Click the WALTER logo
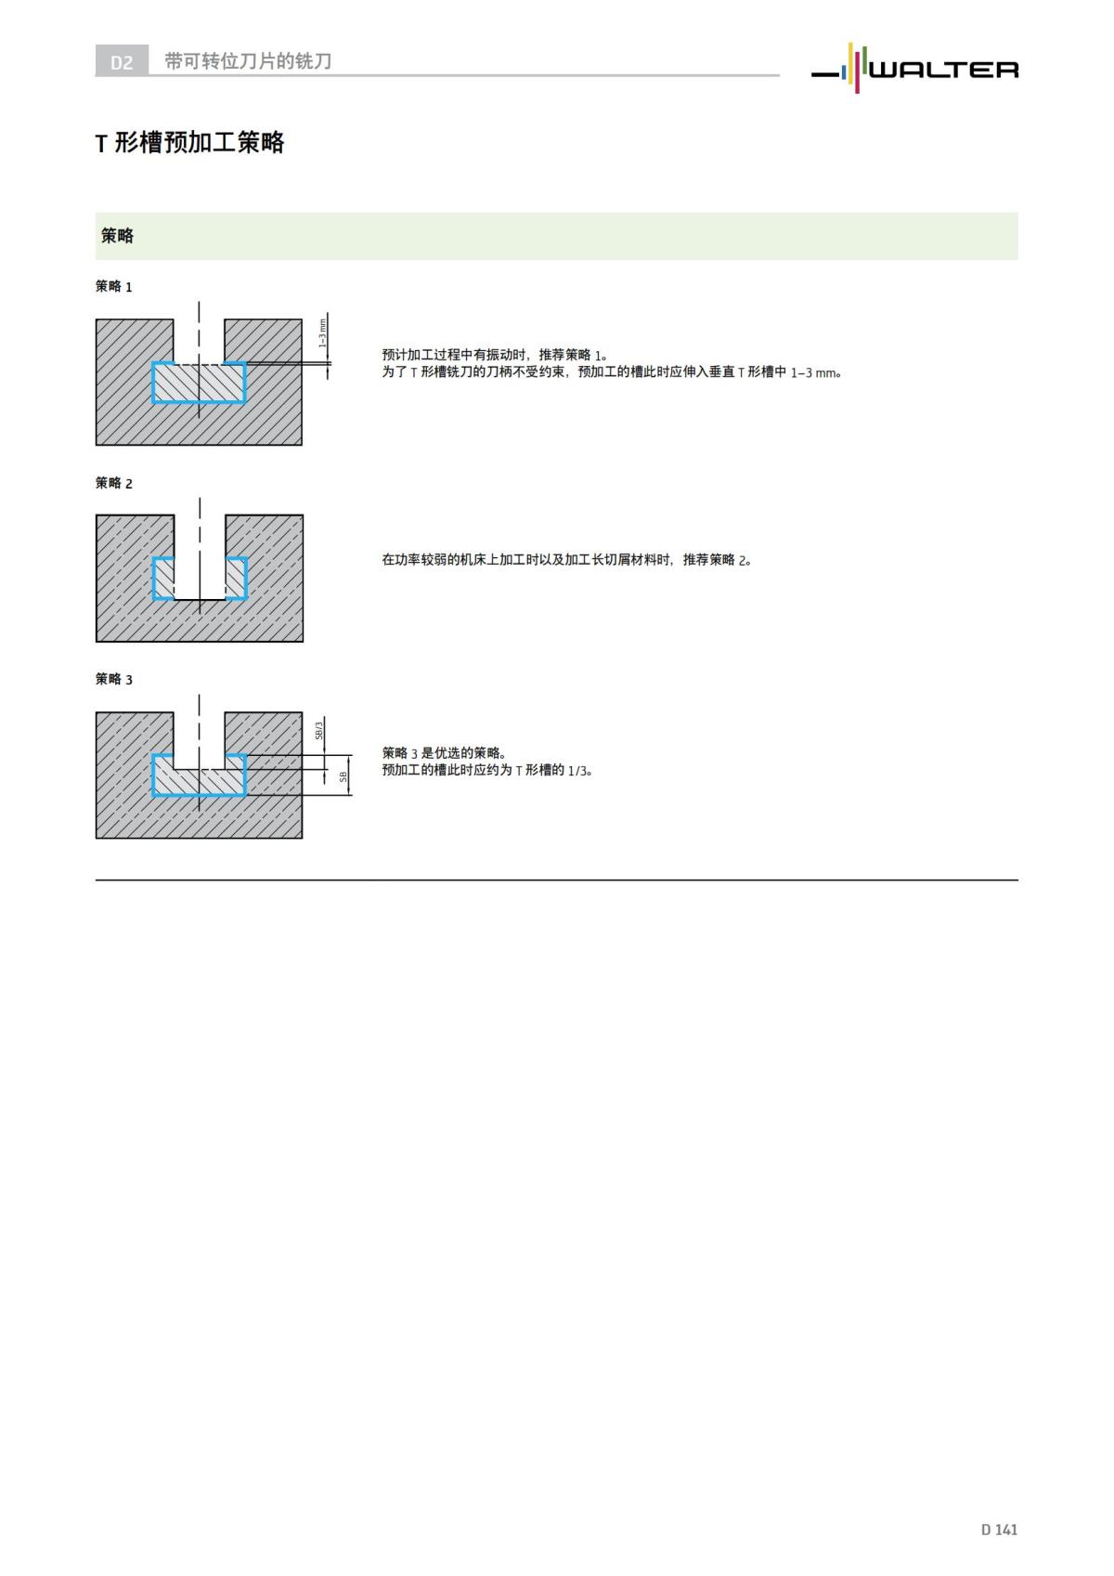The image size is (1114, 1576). point(915,69)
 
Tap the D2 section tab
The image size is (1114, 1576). point(122,62)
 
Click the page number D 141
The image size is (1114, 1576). point(999,1529)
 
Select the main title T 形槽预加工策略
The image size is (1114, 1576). point(190,143)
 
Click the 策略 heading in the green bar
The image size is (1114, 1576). point(118,236)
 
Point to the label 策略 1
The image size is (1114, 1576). point(114,287)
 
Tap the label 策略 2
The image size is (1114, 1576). point(114,483)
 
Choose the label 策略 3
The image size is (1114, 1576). point(114,679)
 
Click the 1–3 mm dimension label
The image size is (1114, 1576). point(322,333)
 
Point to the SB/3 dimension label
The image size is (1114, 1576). point(318,732)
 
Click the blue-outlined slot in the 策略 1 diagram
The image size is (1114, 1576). point(199,383)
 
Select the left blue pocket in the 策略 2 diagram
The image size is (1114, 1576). point(163,579)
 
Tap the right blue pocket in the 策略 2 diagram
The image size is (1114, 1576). point(236,579)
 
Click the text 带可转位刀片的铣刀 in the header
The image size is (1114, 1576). point(248,61)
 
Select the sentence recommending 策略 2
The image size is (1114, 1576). point(566,559)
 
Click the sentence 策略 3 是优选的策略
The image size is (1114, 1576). point(444,752)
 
